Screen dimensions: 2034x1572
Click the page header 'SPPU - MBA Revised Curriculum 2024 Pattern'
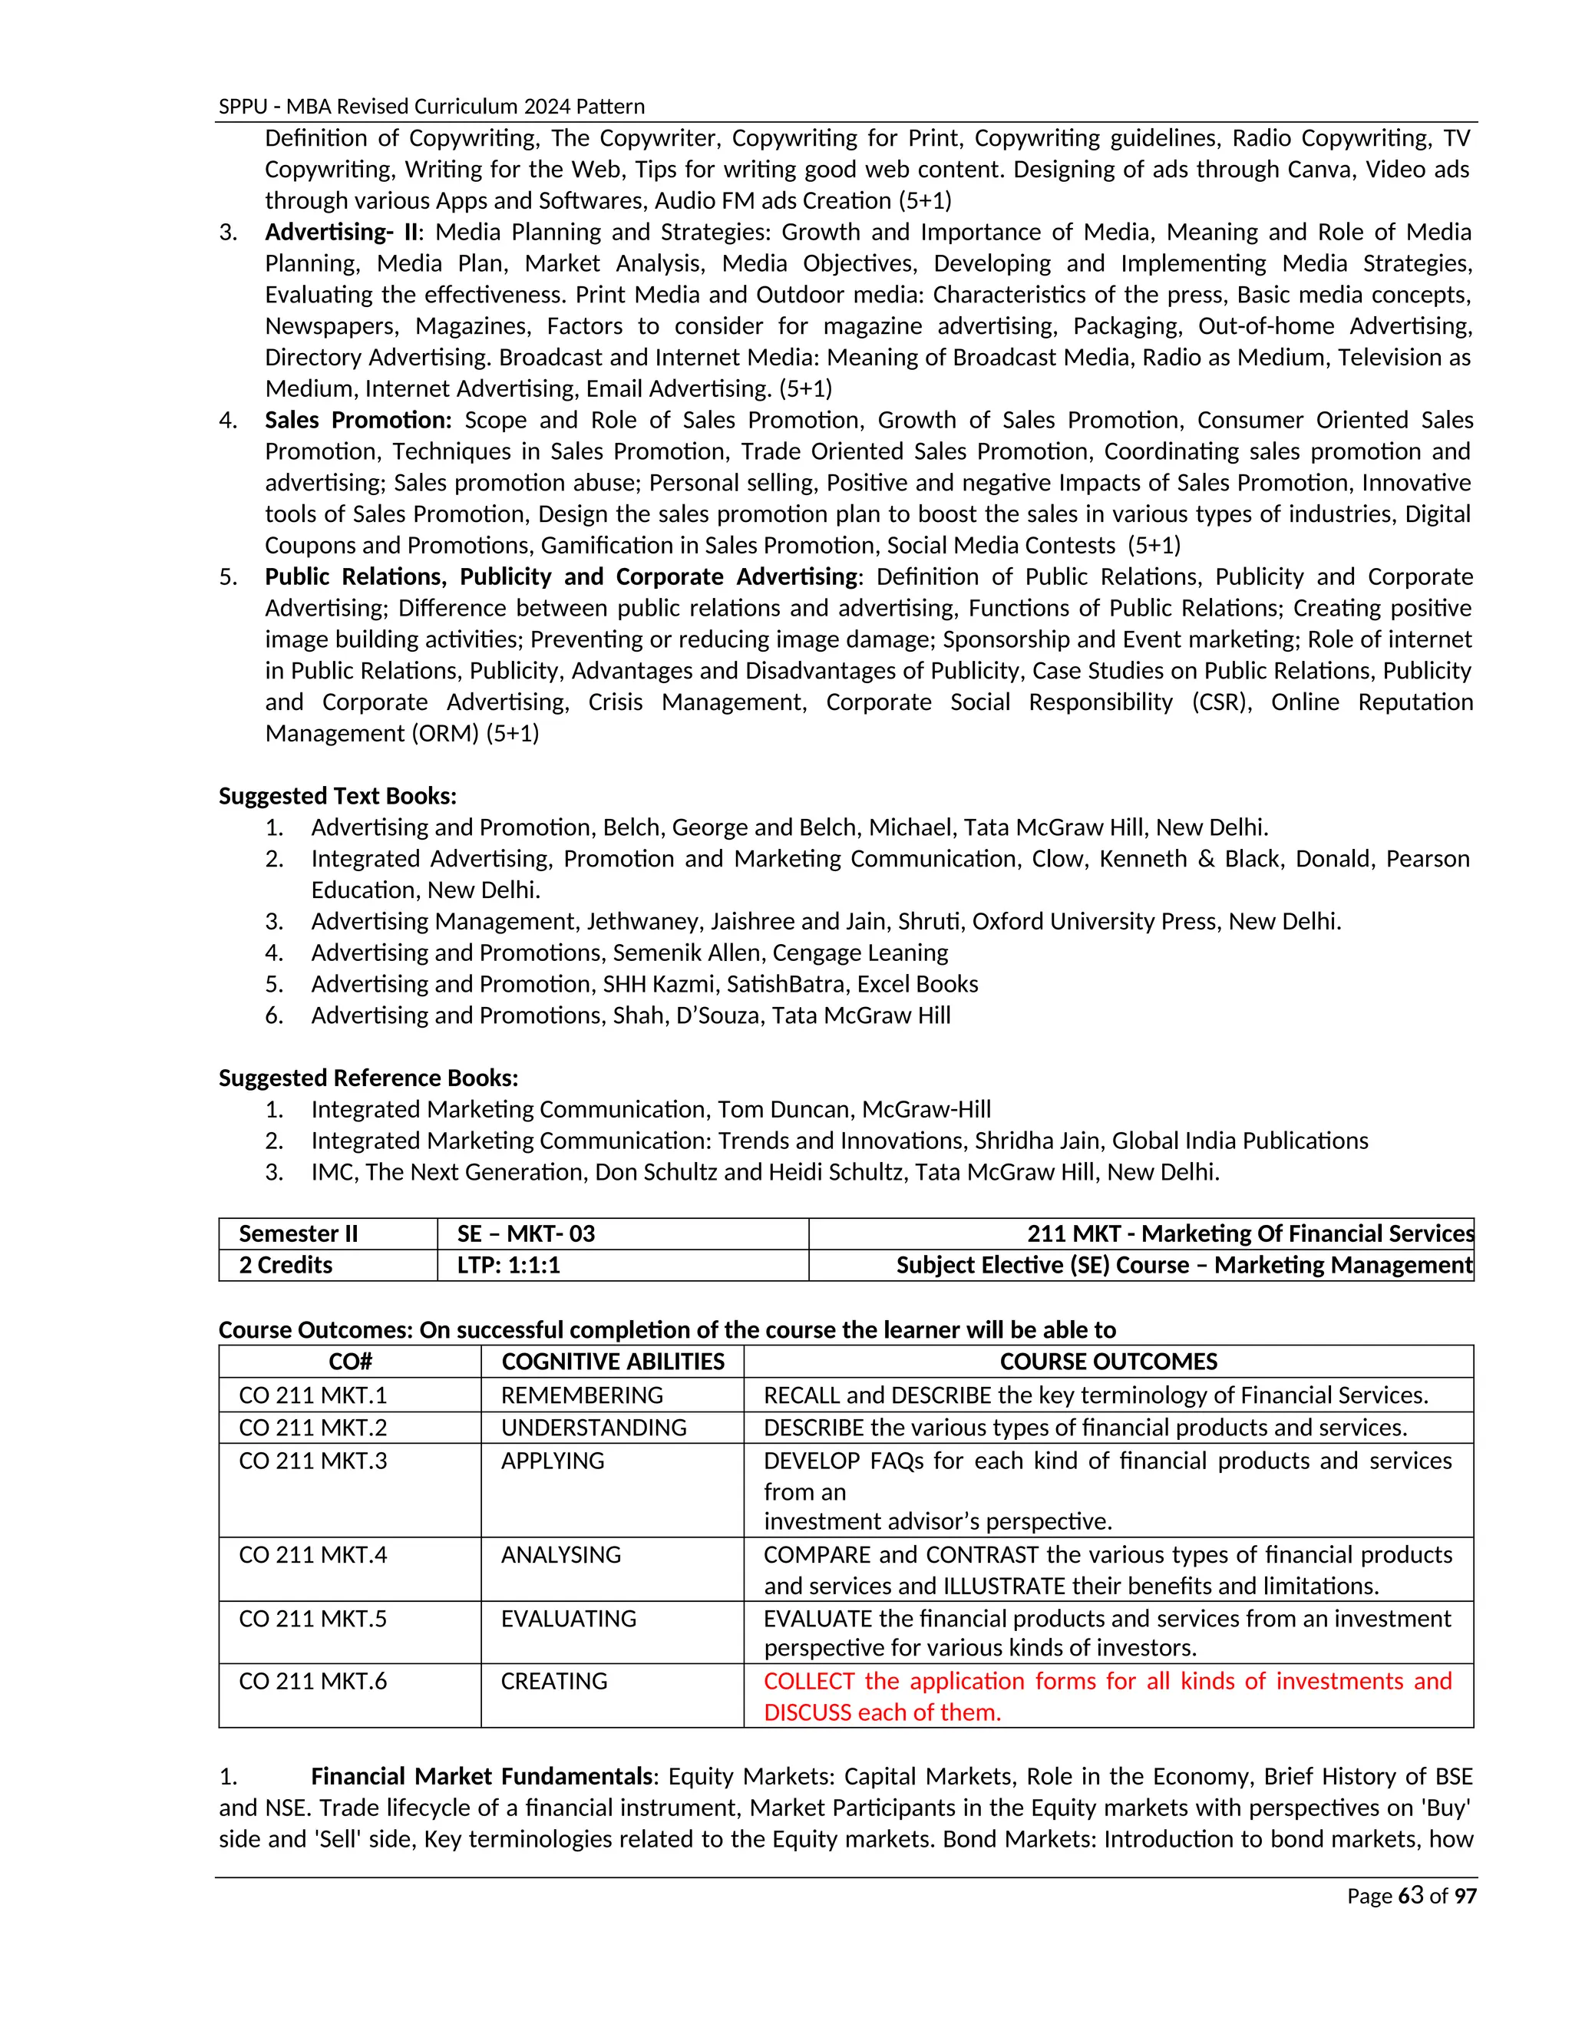[431, 106]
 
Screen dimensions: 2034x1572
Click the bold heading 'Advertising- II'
[342, 232]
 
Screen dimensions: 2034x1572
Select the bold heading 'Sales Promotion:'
[358, 420]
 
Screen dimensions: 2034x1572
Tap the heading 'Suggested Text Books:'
[337, 796]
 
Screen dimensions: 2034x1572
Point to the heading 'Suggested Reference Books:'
[368, 1078]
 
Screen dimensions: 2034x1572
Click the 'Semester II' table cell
[298, 1234]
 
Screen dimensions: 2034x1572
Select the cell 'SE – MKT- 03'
[526, 1234]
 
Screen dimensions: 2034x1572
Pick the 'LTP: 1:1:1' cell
[508, 1265]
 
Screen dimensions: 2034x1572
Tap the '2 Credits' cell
[286, 1265]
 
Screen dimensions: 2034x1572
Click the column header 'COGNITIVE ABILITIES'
[613, 1362]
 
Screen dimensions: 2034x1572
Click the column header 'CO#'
[350, 1362]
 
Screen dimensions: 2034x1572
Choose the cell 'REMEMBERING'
[582, 1395]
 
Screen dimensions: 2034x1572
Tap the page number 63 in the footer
[1411, 1895]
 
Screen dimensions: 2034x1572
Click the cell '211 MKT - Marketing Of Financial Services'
[1250, 1234]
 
